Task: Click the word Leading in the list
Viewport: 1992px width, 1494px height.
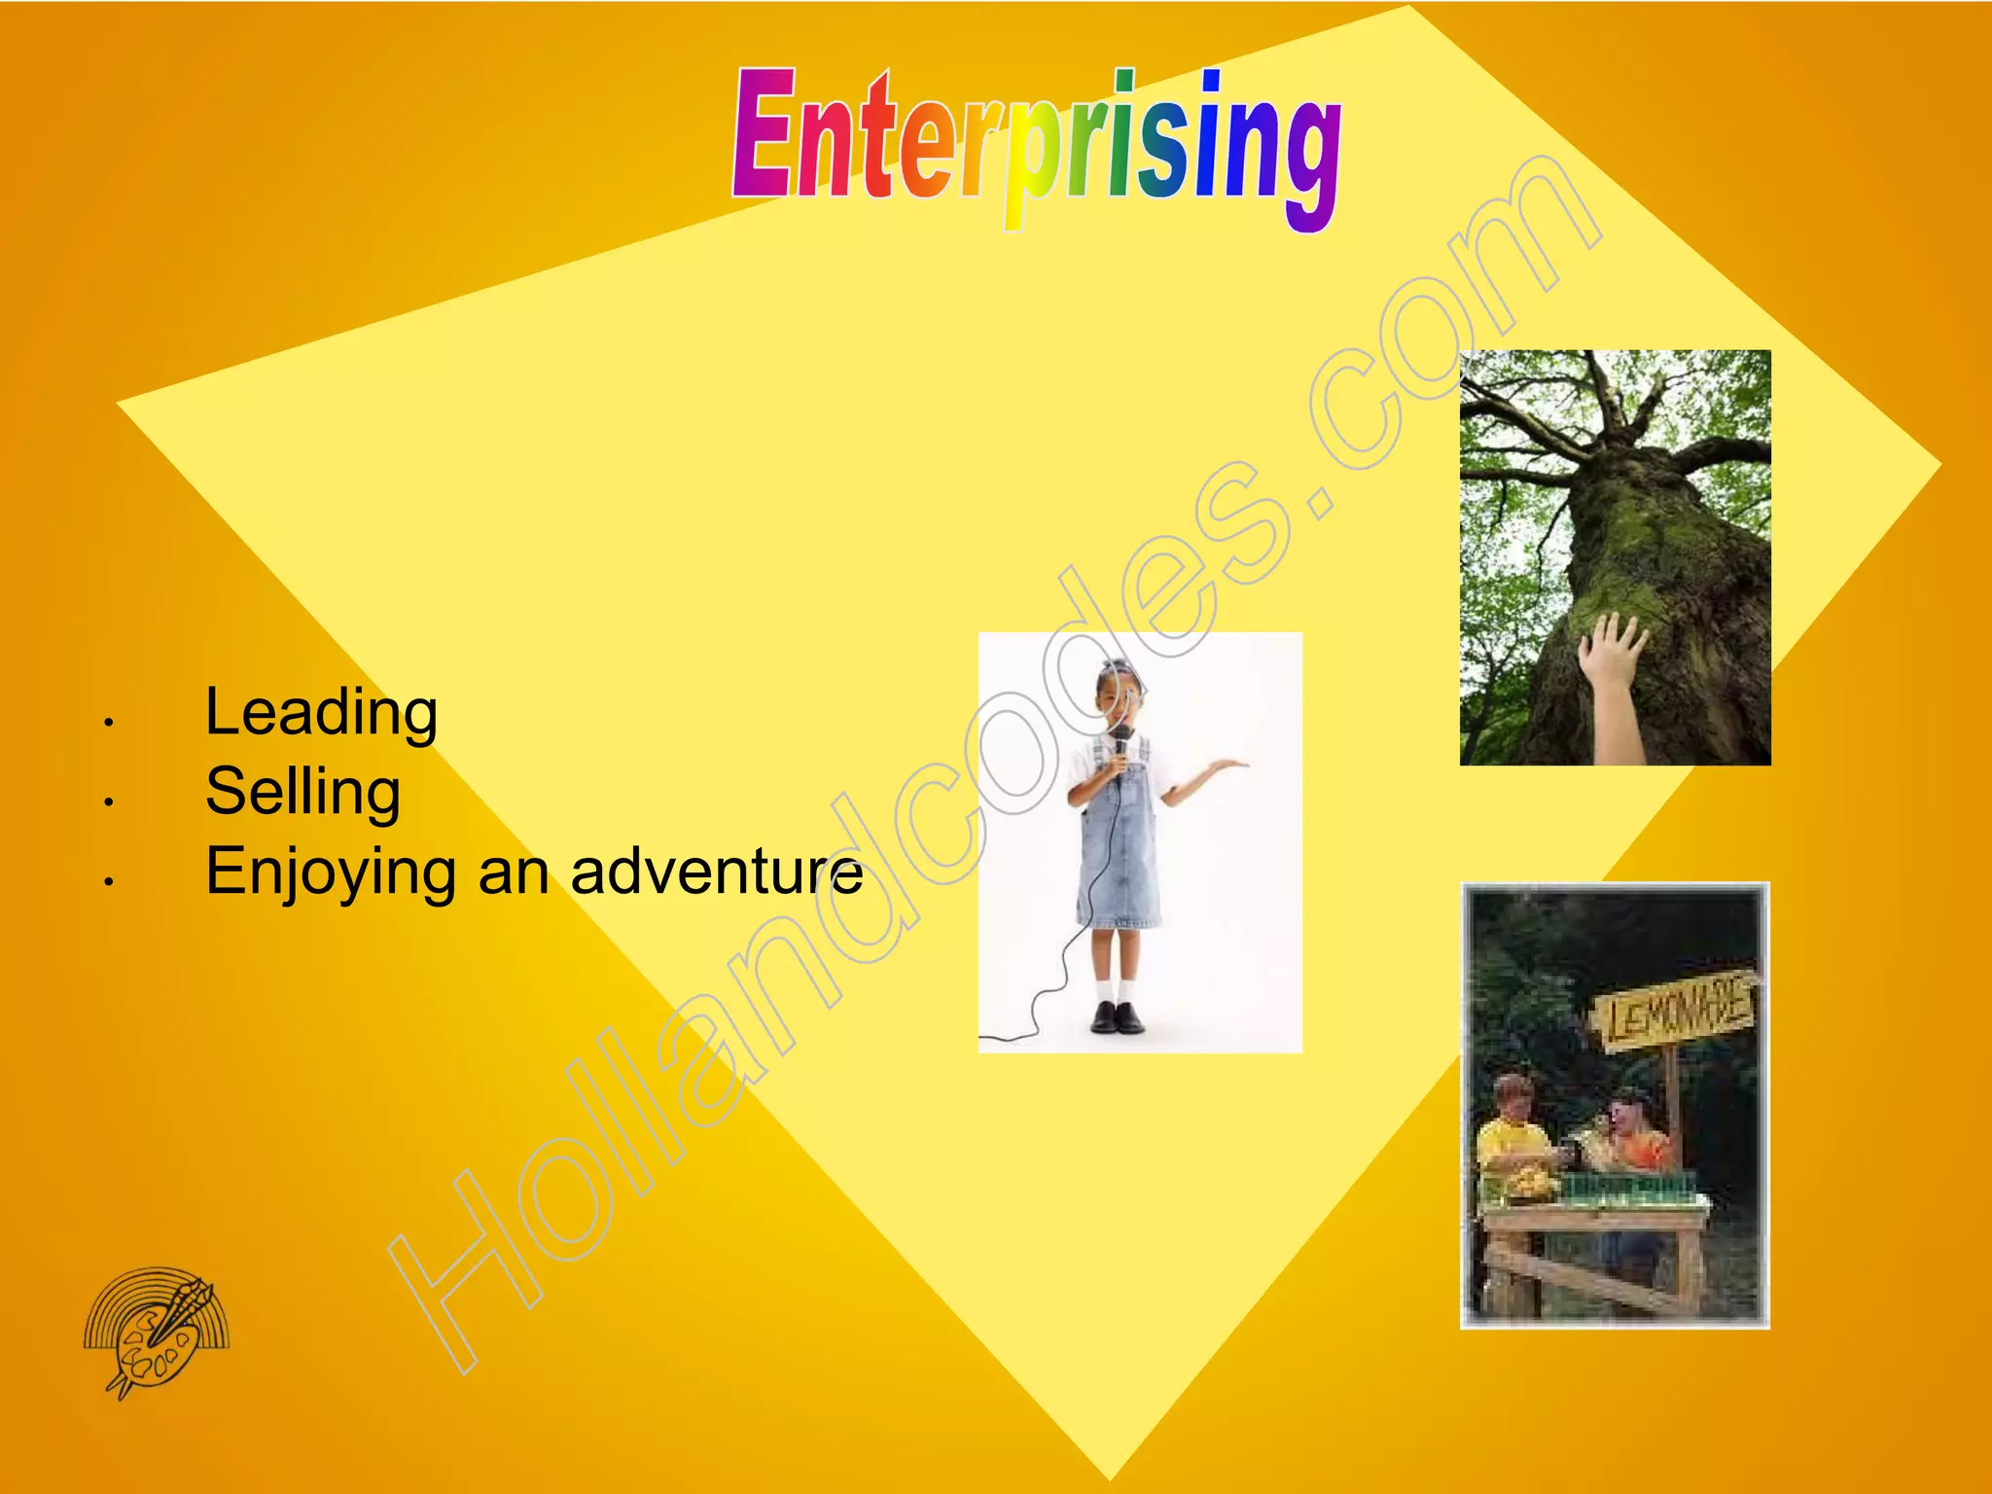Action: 321,712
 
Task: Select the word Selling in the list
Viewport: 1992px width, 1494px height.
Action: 302,792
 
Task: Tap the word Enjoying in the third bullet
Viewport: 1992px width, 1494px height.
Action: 330,871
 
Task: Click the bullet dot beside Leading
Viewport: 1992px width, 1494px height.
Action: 110,723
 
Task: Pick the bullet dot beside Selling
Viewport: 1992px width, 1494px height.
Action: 110,802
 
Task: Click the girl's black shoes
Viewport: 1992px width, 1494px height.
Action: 1117,1017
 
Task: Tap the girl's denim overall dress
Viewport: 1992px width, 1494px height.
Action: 1120,856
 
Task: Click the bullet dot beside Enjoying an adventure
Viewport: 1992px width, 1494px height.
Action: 110,882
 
